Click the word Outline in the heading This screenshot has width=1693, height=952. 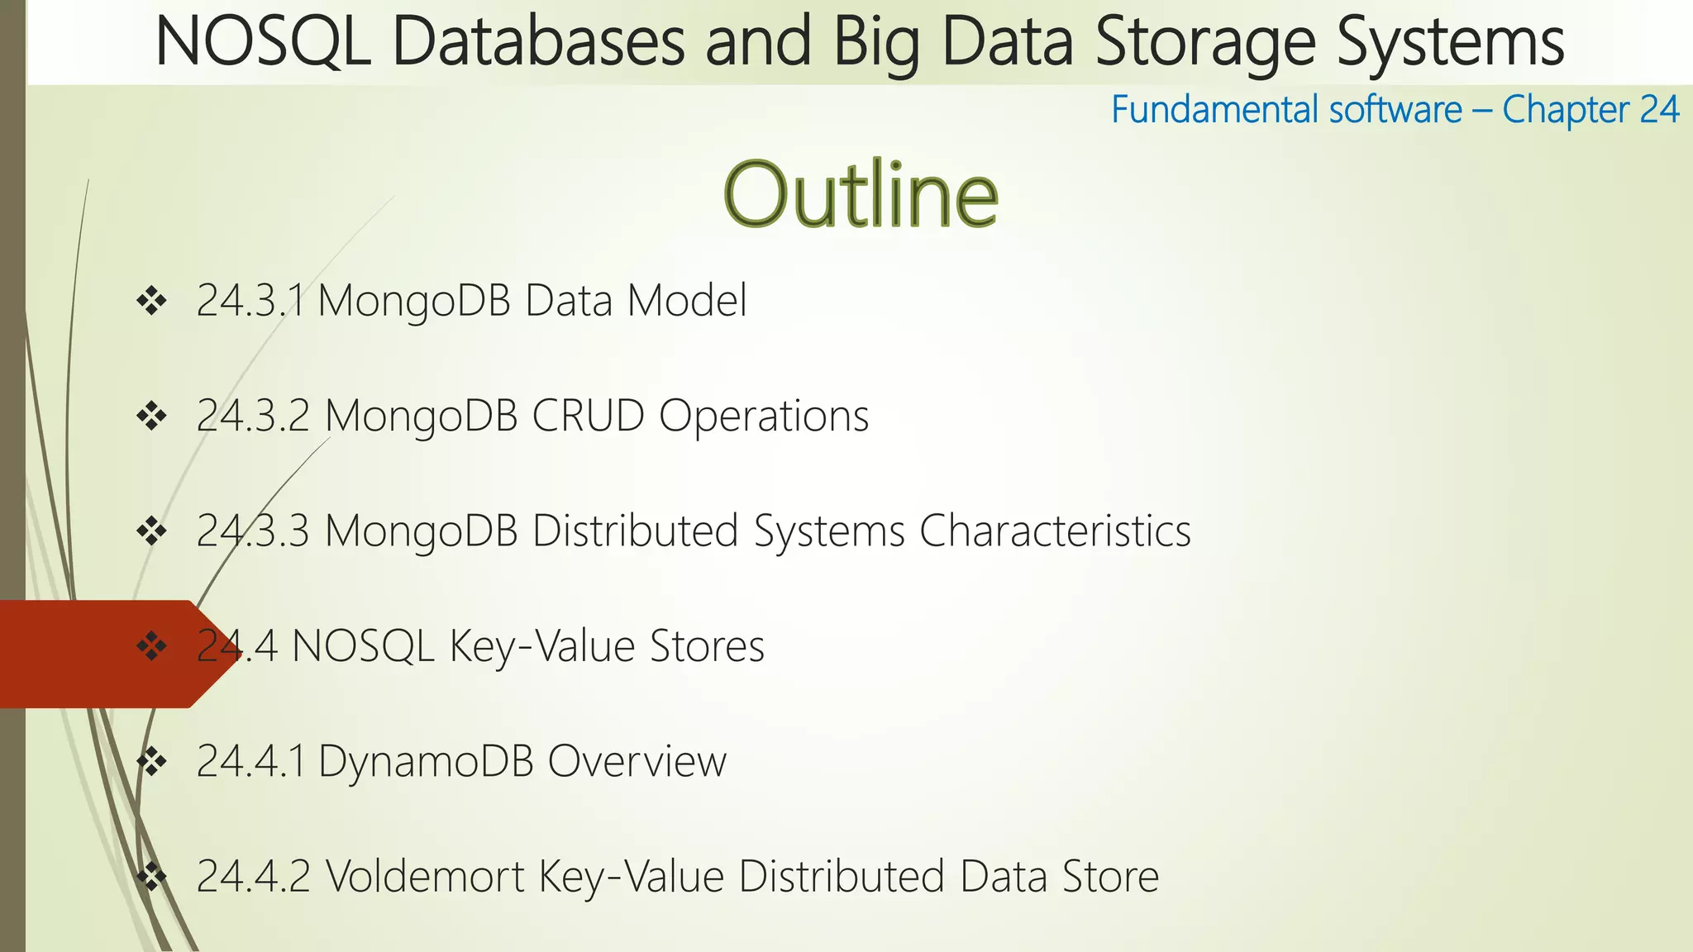(861, 195)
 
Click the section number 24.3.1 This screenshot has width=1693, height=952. (250, 300)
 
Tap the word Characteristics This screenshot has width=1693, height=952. (1055, 531)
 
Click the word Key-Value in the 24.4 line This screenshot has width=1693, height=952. (542, 645)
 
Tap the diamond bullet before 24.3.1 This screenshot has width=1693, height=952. (152, 301)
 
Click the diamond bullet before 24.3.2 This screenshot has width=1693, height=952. (152, 416)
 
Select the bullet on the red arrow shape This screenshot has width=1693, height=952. (152, 646)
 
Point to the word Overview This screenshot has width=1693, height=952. (637, 760)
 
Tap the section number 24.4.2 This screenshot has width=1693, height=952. (253, 876)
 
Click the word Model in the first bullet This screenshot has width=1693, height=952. (687, 300)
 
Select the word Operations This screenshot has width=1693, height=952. (764, 415)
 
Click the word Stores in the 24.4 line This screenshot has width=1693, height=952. (707, 645)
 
